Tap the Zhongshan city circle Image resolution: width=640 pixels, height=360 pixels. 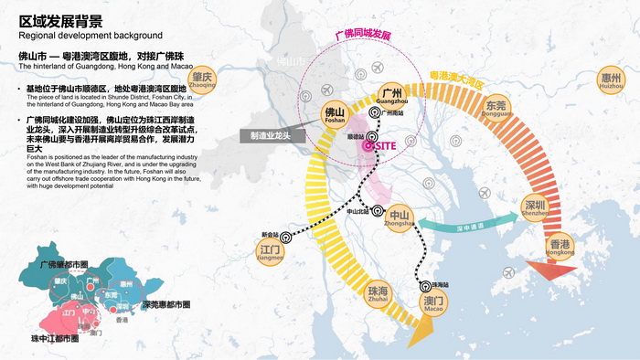pos(400,220)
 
